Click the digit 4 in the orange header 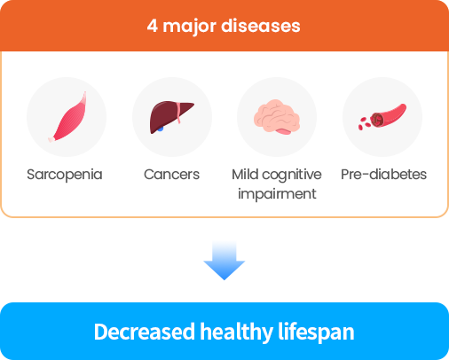tap(152, 26)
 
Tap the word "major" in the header tap(189, 27)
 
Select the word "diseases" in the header tap(261, 26)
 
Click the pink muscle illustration tap(67, 117)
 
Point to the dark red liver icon tap(171, 117)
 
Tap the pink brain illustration tap(277, 117)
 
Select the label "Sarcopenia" tap(65, 175)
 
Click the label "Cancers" tap(171, 175)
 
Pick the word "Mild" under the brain tap(245, 174)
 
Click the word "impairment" tap(277, 194)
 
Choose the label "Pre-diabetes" tap(383, 174)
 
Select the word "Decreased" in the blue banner tap(145, 332)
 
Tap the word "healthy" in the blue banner tap(236, 333)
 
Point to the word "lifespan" tap(316, 333)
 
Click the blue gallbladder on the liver tap(160, 129)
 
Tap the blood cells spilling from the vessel tap(365, 123)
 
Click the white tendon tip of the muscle tap(51, 139)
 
